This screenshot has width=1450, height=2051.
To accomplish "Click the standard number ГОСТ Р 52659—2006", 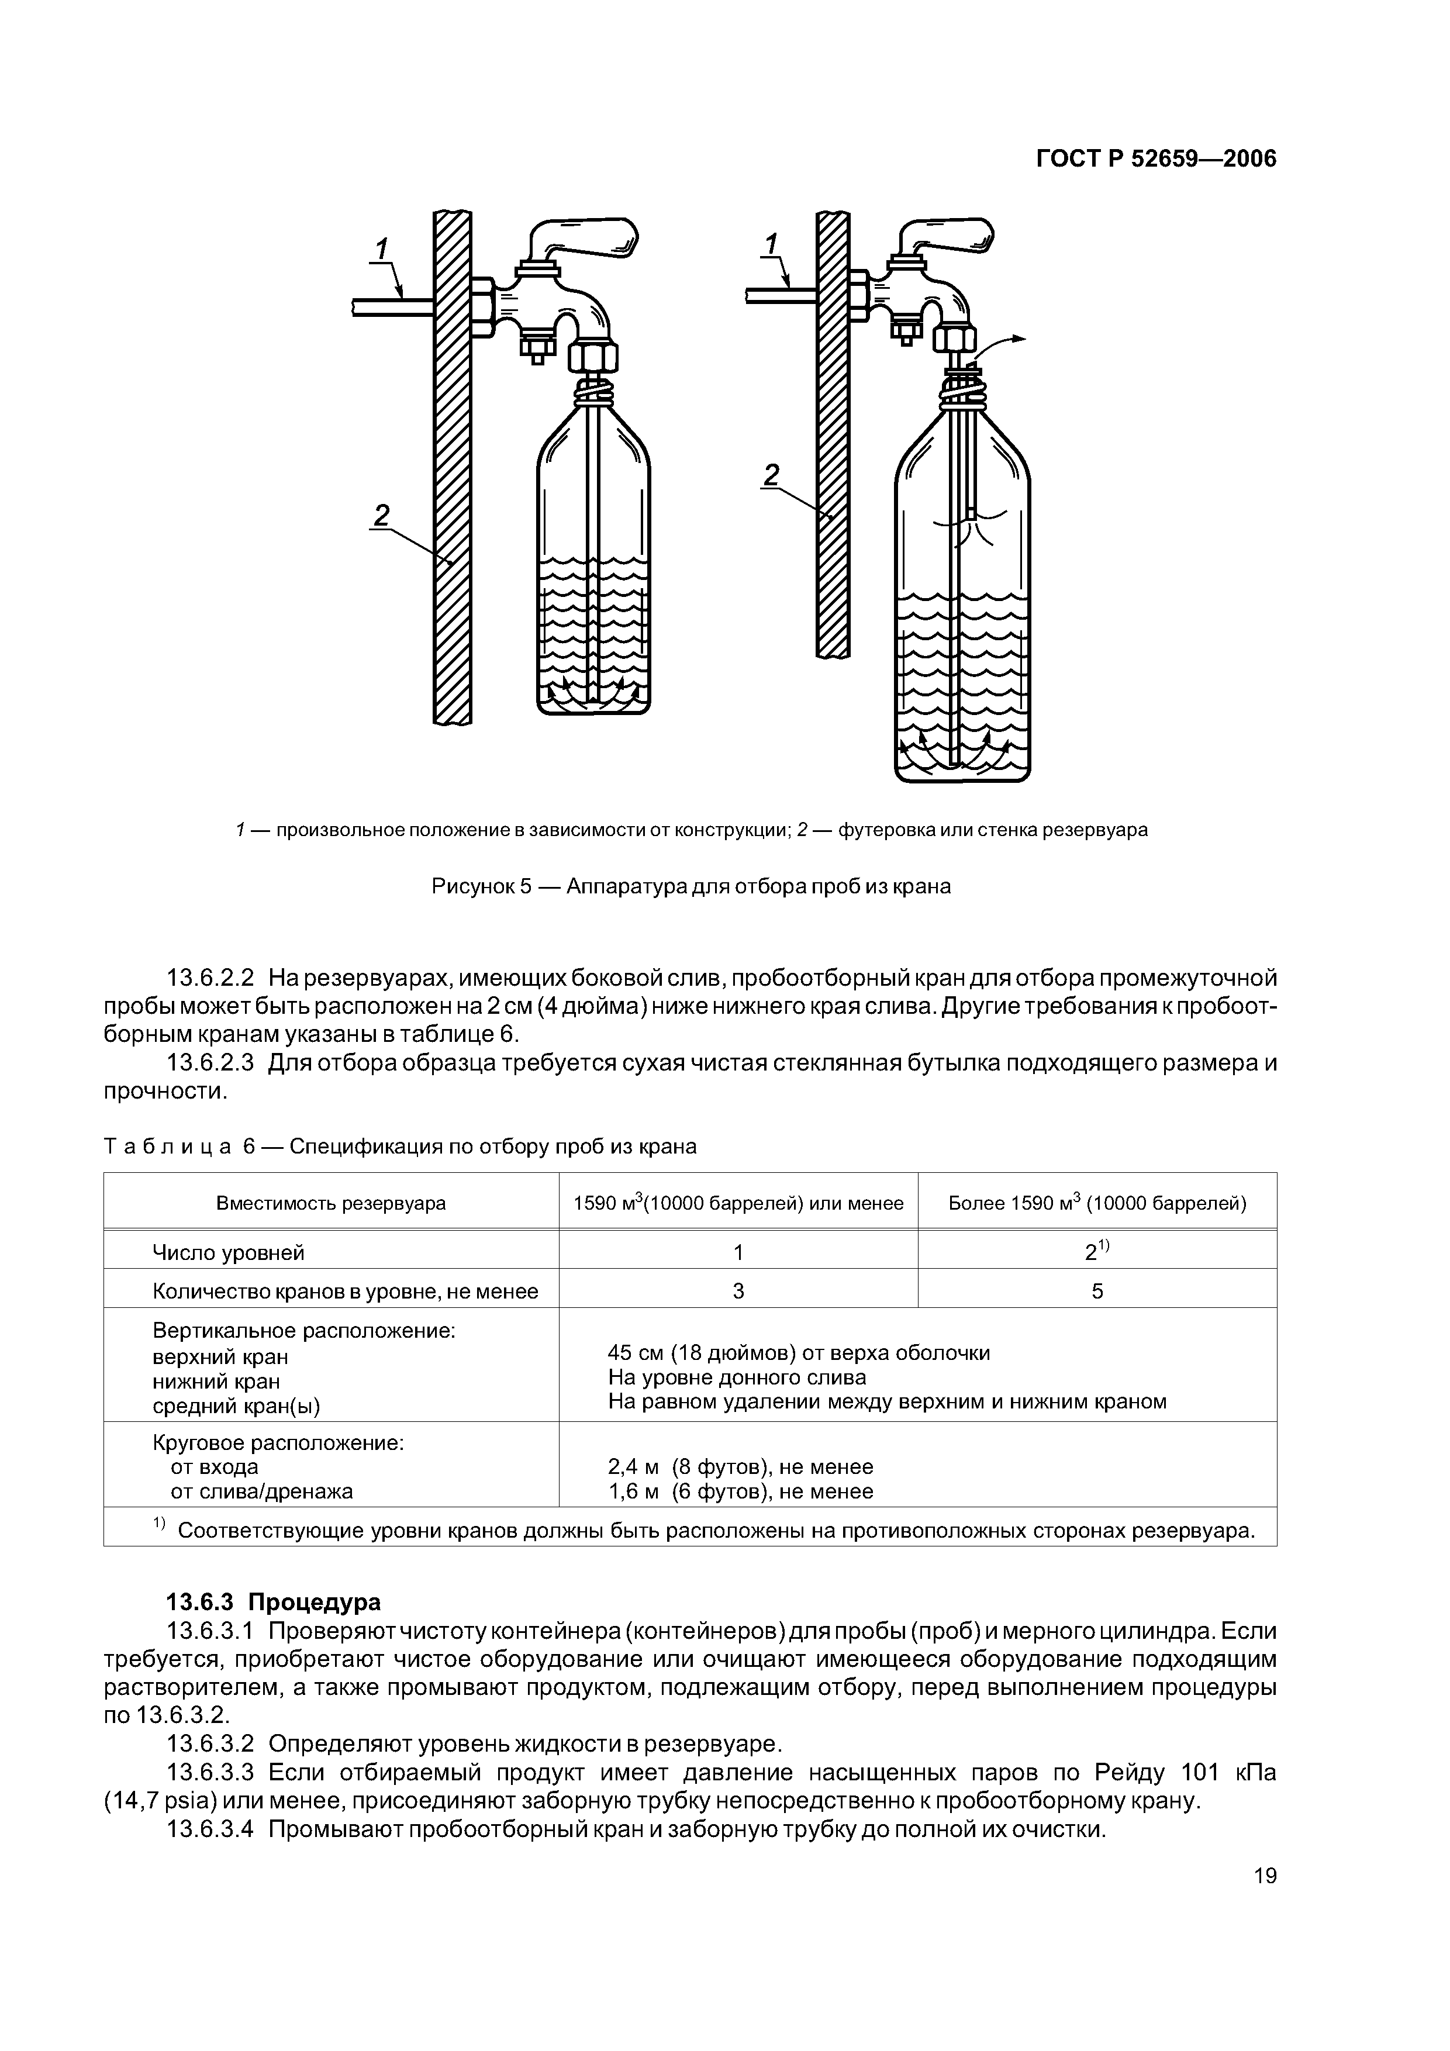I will point(1156,159).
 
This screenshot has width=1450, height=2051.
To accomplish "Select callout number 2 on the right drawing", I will point(772,474).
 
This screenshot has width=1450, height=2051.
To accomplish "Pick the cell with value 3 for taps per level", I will point(738,1291).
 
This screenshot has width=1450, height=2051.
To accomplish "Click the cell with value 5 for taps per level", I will point(1097,1291).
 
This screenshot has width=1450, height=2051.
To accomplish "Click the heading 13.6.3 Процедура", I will point(274,1601).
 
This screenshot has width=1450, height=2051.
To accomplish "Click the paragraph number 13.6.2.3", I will point(211,1063).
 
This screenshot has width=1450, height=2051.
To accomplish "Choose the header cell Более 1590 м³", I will point(1097,1203).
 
